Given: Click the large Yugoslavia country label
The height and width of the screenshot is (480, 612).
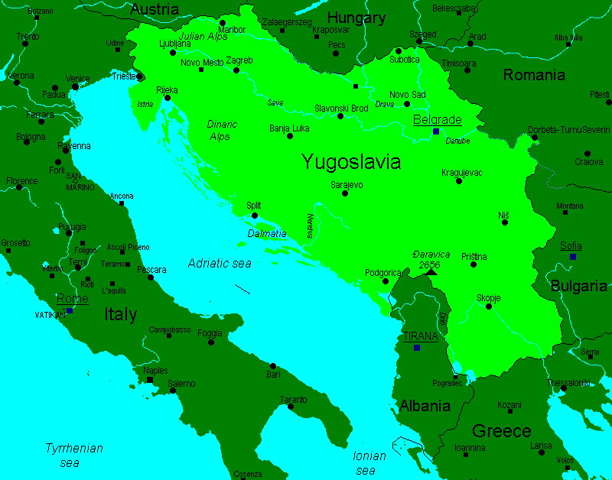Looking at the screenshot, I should click(351, 162).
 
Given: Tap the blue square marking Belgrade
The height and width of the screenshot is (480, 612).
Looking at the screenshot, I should click(435, 131).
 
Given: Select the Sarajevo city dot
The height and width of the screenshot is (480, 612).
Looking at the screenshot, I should click(345, 193).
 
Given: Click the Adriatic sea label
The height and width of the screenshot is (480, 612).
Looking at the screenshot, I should click(220, 263).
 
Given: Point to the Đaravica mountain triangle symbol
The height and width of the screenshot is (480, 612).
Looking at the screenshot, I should click(431, 271).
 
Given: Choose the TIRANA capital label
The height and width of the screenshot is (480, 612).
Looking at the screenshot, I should click(420, 336).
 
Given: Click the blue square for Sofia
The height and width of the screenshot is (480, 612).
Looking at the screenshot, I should click(572, 257).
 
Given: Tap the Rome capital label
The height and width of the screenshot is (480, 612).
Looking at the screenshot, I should click(72, 298).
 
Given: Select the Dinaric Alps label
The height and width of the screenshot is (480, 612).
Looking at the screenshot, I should click(222, 130).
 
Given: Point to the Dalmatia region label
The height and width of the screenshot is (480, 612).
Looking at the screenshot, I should click(267, 233).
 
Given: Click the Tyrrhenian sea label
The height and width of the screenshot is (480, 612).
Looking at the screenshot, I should click(73, 456).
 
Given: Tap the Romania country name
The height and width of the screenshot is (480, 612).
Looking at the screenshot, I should click(534, 74).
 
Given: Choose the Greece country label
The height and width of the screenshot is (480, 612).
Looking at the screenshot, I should click(501, 430).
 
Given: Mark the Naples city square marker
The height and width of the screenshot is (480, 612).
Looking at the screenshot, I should click(150, 380).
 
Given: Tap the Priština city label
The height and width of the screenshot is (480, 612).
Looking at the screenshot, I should click(474, 257).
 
